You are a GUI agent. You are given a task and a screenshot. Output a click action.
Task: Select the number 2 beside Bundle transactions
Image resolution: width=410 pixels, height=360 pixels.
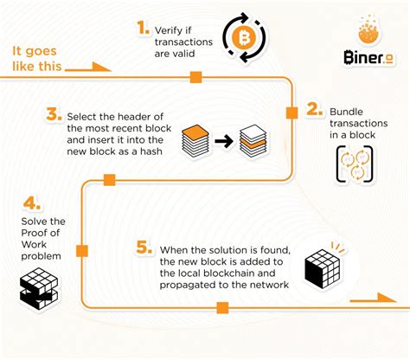click(x=314, y=112)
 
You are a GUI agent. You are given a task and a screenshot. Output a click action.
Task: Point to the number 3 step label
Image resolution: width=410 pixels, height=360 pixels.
click(x=52, y=115)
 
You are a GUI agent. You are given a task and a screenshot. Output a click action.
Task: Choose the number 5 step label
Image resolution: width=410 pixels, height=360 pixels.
click(x=145, y=248)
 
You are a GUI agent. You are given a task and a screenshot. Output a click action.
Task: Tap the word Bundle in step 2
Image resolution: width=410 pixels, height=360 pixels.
click(x=347, y=111)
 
